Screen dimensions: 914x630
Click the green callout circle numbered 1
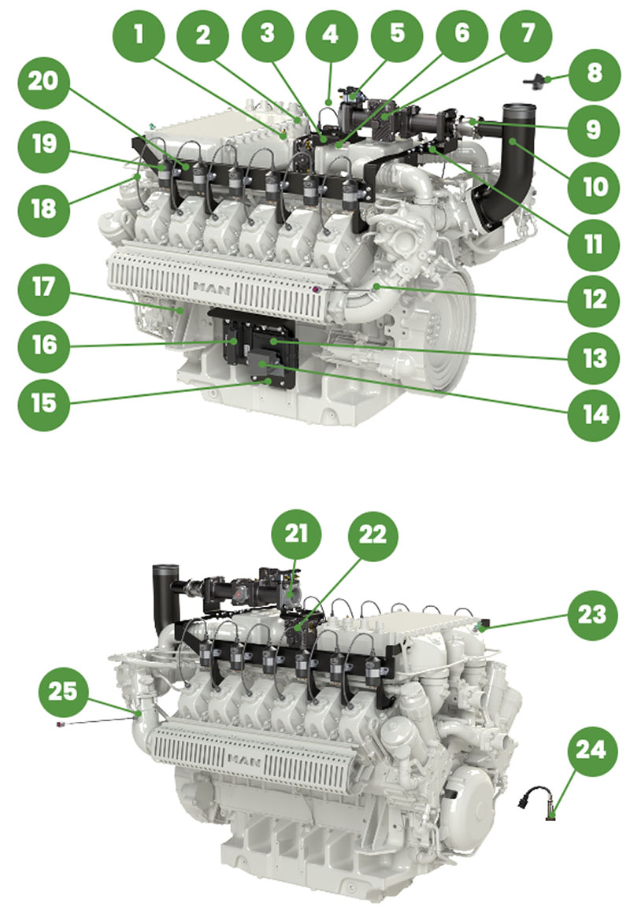point(139,34)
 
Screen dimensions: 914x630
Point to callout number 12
point(594,298)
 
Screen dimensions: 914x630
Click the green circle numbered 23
point(594,615)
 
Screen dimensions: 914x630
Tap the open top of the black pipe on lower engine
point(163,568)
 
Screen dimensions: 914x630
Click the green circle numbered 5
point(397,34)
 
